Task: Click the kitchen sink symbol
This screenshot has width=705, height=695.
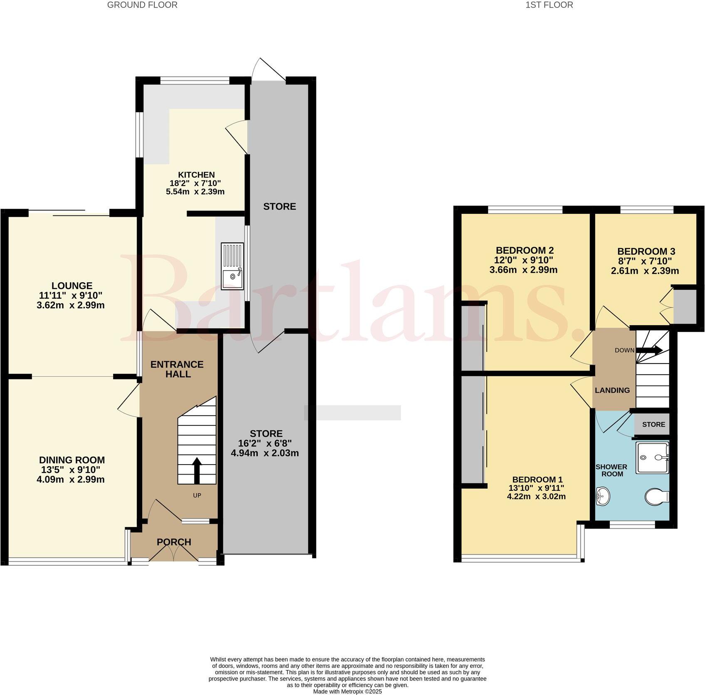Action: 232,267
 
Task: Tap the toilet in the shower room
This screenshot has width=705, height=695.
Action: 656,496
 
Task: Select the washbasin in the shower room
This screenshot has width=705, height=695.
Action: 601,496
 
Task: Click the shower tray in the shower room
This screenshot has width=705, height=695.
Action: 652,458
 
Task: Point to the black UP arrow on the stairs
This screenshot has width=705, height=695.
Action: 197,470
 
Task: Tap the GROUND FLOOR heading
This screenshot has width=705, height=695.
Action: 142,5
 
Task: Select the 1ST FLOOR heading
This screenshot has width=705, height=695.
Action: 549,5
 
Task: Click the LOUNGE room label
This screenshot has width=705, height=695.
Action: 71,286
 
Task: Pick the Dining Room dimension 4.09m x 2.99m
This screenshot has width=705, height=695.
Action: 70,480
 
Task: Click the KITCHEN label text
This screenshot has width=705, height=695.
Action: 196,175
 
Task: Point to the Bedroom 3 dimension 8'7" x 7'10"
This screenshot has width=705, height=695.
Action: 644,261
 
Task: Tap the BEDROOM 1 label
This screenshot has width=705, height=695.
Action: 537,479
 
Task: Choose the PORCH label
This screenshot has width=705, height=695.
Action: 174,542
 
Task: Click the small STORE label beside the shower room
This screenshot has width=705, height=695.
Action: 653,425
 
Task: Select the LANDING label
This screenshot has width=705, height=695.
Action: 612,390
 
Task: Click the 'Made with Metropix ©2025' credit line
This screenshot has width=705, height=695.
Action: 347,692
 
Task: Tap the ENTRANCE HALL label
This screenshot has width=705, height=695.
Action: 177,369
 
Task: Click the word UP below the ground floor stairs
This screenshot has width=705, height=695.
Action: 197,495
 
